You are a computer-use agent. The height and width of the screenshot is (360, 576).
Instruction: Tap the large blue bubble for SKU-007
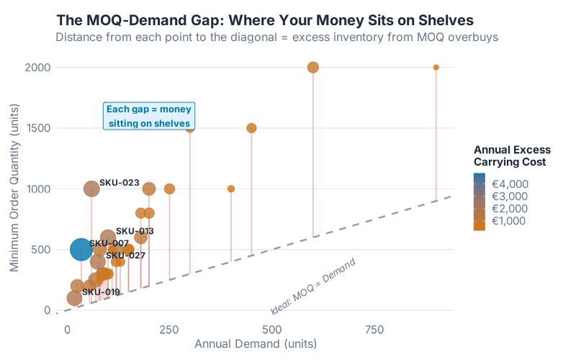pos(81,249)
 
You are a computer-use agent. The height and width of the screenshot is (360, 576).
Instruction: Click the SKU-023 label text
pos(119,183)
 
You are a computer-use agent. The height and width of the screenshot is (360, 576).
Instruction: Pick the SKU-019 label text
pos(101,292)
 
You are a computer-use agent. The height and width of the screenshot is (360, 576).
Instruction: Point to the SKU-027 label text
pos(125,256)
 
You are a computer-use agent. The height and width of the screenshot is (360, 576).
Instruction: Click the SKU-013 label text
pos(135,231)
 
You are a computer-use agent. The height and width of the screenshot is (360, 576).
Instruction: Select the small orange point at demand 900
pos(436,68)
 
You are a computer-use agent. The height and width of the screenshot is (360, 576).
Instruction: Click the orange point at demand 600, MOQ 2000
pos(313,68)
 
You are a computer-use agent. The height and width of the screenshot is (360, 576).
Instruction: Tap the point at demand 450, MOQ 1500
pos(251,128)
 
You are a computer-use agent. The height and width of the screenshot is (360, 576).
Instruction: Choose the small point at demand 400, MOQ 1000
pos(231,189)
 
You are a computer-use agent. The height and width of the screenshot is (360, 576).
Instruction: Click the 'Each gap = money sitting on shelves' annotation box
pos(149,117)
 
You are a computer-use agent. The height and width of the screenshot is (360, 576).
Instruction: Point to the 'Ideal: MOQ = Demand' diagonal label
pos(313,287)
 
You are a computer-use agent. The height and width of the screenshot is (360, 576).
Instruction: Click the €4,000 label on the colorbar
pos(510,184)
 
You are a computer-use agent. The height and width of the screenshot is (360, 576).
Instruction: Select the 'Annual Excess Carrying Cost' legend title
pos(512,156)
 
